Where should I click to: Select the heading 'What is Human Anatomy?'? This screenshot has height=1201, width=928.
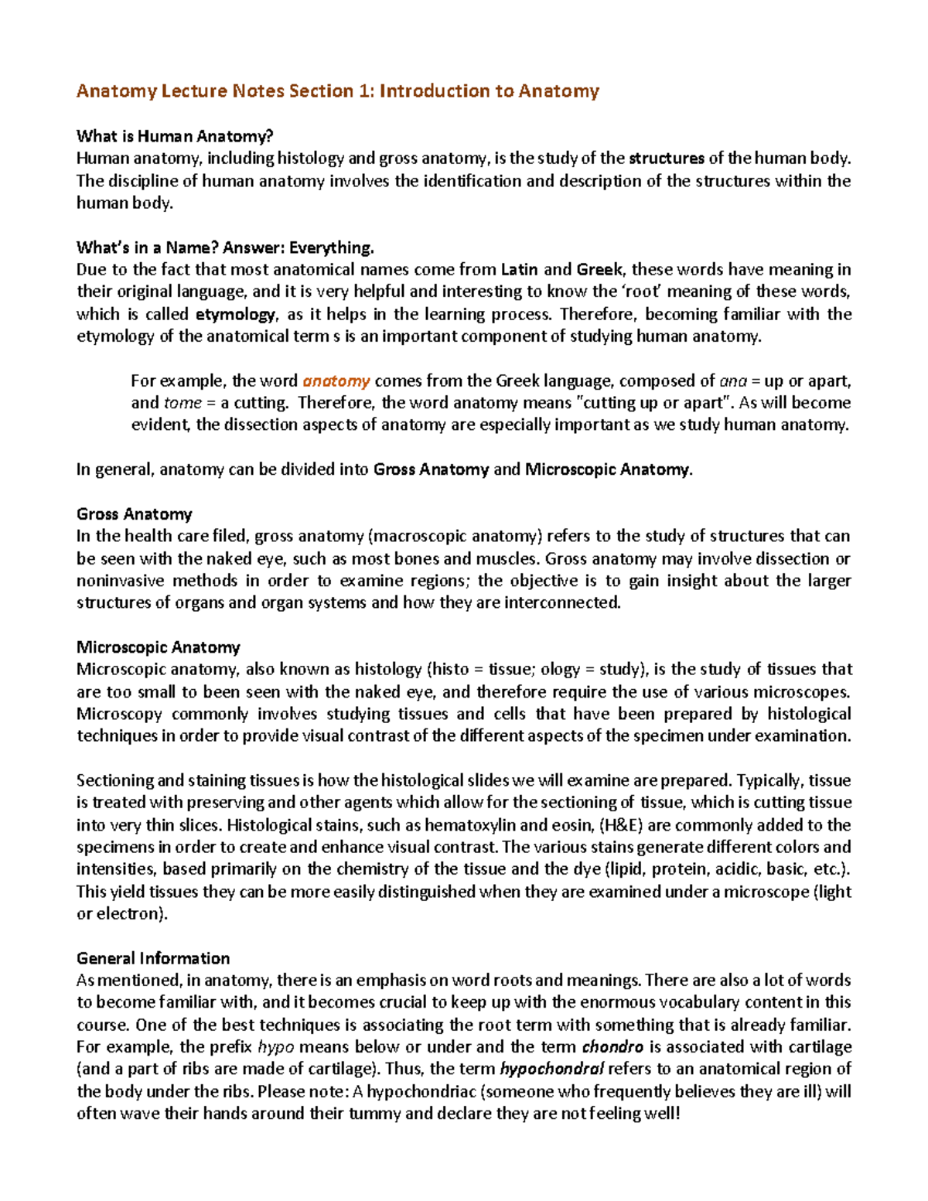tap(175, 136)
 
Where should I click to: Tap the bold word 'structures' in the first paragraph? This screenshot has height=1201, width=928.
tap(666, 159)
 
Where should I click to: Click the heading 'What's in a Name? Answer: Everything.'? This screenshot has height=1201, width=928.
tap(225, 247)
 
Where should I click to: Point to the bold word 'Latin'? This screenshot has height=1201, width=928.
tap(519, 270)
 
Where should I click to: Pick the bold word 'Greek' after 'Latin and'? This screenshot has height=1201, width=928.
tap(599, 270)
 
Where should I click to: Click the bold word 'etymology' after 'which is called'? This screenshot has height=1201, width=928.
tap(235, 315)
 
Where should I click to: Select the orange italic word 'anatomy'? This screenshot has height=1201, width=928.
tap(336, 381)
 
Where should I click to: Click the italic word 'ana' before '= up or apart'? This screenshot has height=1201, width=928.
tap(732, 381)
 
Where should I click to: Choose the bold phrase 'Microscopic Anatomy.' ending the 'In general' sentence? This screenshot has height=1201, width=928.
tap(609, 469)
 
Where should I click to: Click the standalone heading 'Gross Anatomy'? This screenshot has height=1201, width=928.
tap(134, 514)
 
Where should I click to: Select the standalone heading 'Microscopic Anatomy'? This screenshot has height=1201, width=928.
tap(158, 647)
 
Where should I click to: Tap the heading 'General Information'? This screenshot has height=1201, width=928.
tap(153, 958)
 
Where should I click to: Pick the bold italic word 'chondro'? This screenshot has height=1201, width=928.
tap(612, 1047)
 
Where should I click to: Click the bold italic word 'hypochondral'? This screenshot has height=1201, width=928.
tap(552, 1070)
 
